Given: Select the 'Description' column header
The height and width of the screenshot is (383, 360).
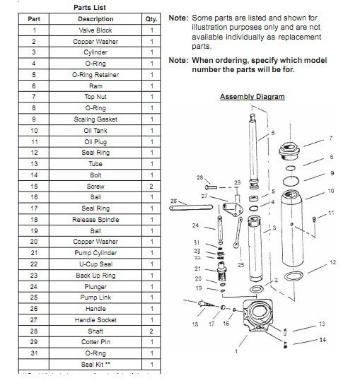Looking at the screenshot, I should point(95,19).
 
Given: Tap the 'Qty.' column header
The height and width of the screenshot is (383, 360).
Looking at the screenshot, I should point(151,19).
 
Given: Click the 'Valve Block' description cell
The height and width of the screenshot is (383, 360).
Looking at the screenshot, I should point(95,30).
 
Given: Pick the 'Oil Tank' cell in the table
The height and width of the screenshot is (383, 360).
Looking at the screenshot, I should point(95,131).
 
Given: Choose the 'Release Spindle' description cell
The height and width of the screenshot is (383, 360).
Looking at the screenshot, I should point(95,220).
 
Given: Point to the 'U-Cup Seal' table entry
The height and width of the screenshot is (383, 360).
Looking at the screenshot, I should point(95,264).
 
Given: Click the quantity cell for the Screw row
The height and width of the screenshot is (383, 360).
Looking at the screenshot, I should point(151,186).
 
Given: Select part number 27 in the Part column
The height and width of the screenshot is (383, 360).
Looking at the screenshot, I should point(34,320).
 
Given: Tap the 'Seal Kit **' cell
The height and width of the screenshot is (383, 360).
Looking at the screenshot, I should point(95,364).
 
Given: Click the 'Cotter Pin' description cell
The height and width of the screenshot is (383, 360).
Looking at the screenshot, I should point(95,342).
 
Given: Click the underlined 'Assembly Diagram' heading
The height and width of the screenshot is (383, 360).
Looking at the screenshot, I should point(252,96).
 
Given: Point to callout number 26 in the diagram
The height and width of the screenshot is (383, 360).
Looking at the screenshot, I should point(174,201).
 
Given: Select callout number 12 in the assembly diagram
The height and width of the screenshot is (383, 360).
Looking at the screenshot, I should point(332,263).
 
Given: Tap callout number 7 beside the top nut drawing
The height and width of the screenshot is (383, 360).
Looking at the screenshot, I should point(330,139).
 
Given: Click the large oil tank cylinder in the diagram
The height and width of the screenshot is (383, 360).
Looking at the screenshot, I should point(292,226).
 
